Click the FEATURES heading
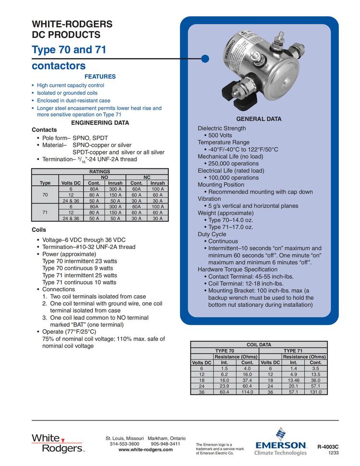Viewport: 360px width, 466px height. point(100,77)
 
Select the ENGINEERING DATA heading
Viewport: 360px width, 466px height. point(100,123)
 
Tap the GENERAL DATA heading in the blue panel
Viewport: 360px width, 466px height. point(259,119)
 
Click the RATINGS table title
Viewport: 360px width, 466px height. point(100,171)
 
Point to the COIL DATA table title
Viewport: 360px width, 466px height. point(259,345)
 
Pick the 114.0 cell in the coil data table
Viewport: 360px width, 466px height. point(247,392)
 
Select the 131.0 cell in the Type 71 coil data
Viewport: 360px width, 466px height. point(315,392)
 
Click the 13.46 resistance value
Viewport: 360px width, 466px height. point(293,380)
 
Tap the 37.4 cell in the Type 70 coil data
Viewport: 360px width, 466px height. point(247,380)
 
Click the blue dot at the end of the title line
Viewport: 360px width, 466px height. point(205,59)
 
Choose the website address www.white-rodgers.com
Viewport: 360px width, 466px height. point(145,450)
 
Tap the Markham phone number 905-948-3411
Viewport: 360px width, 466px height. point(166,444)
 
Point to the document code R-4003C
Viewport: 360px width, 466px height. point(328,447)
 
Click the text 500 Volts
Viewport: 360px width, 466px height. point(220,135)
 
